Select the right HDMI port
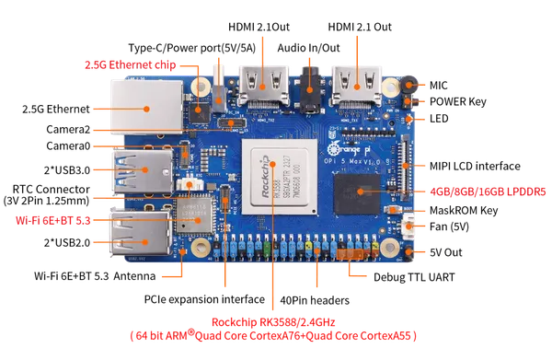[357, 85]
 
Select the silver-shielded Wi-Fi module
[195, 215]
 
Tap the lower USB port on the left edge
[139, 231]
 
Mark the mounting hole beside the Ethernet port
[201, 87]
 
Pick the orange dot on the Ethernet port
[147, 108]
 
